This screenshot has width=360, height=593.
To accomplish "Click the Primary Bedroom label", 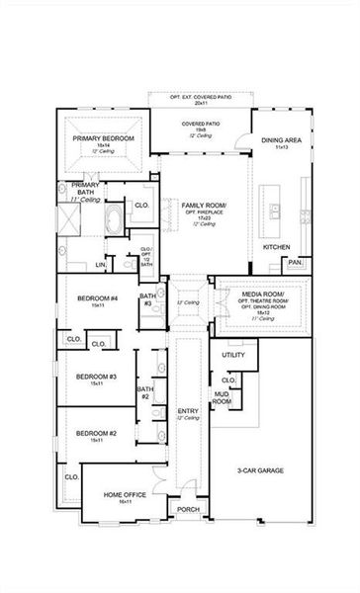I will click(x=103, y=139).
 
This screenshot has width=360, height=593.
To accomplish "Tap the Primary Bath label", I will click(x=86, y=188).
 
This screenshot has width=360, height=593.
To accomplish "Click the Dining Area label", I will click(x=281, y=141).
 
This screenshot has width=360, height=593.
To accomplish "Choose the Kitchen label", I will click(x=275, y=245).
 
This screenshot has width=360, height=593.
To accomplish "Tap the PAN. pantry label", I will click(x=294, y=262).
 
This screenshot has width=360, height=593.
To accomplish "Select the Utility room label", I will click(x=232, y=355).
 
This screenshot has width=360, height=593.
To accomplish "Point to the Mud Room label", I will click(x=223, y=397).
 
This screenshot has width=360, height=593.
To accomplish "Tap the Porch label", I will click(x=187, y=509).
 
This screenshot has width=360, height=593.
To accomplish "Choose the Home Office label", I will click(x=125, y=496).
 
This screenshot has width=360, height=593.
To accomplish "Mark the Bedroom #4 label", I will click(x=99, y=298).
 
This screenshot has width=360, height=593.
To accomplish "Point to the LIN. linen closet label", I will click(x=100, y=265).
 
